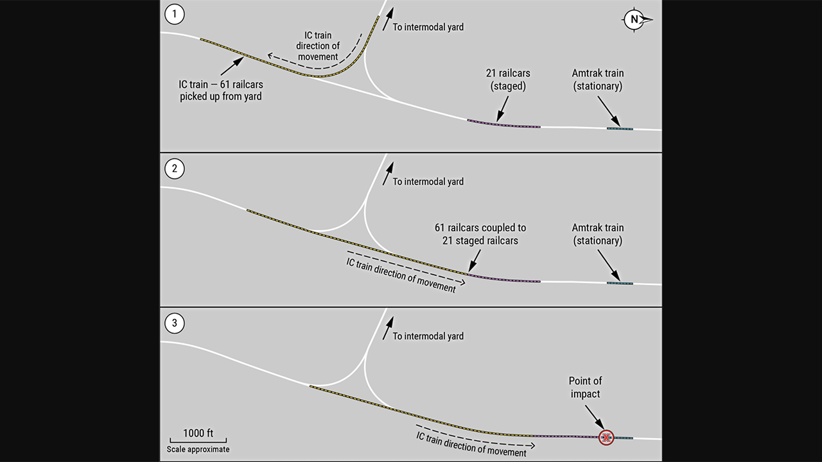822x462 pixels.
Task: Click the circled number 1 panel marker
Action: [x=174, y=14]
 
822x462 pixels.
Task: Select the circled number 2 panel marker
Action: [x=174, y=169]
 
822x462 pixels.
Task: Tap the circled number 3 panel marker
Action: [x=174, y=323]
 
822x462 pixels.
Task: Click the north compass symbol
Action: [x=636, y=20]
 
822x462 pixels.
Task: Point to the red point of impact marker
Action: [x=606, y=438]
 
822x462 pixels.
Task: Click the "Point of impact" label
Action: [x=586, y=388]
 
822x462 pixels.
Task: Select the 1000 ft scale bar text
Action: [x=198, y=432]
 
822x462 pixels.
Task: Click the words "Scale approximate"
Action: [x=198, y=449]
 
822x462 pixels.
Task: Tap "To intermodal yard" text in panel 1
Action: [x=428, y=27]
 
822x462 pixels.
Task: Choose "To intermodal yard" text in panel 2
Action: [x=428, y=182]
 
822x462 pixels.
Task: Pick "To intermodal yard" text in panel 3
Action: [x=428, y=336]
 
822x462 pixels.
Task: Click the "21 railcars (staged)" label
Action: [x=508, y=80]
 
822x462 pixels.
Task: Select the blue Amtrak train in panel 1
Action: [x=620, y=129]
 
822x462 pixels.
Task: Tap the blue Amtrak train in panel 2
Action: [x=620, y=283]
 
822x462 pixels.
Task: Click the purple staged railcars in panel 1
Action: [x=504, y=124]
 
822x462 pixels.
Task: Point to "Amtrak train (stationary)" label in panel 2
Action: [x=597, y=234]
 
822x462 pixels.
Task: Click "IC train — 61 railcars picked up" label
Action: [x=221, y=90]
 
